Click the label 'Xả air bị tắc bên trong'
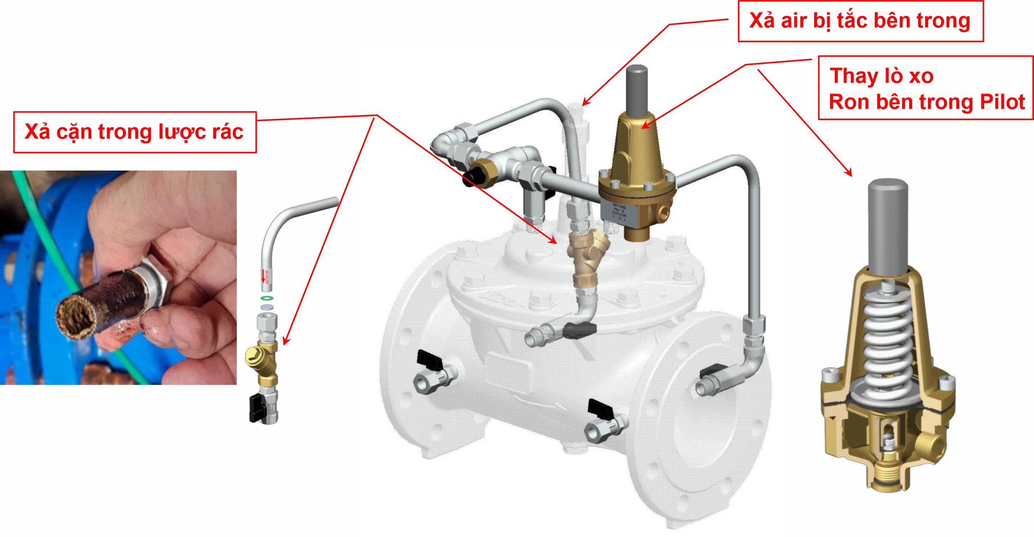(860, 21)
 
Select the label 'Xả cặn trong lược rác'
(134, 132)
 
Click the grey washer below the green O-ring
(265, 307)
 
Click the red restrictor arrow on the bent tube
(264, 277)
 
